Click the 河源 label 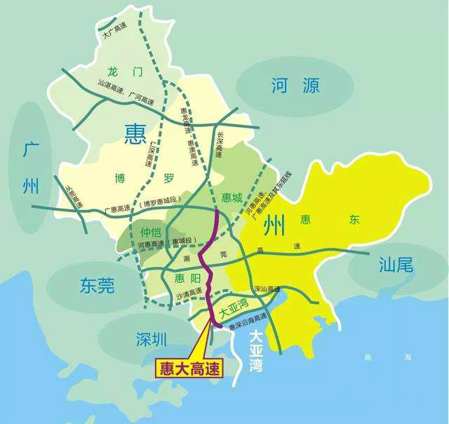pos(295,86)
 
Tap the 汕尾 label pos(396,265)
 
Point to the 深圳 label pos(152,340)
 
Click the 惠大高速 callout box pos(189,368)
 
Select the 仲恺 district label pos(151,232)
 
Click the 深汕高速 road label pos(267,289)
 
